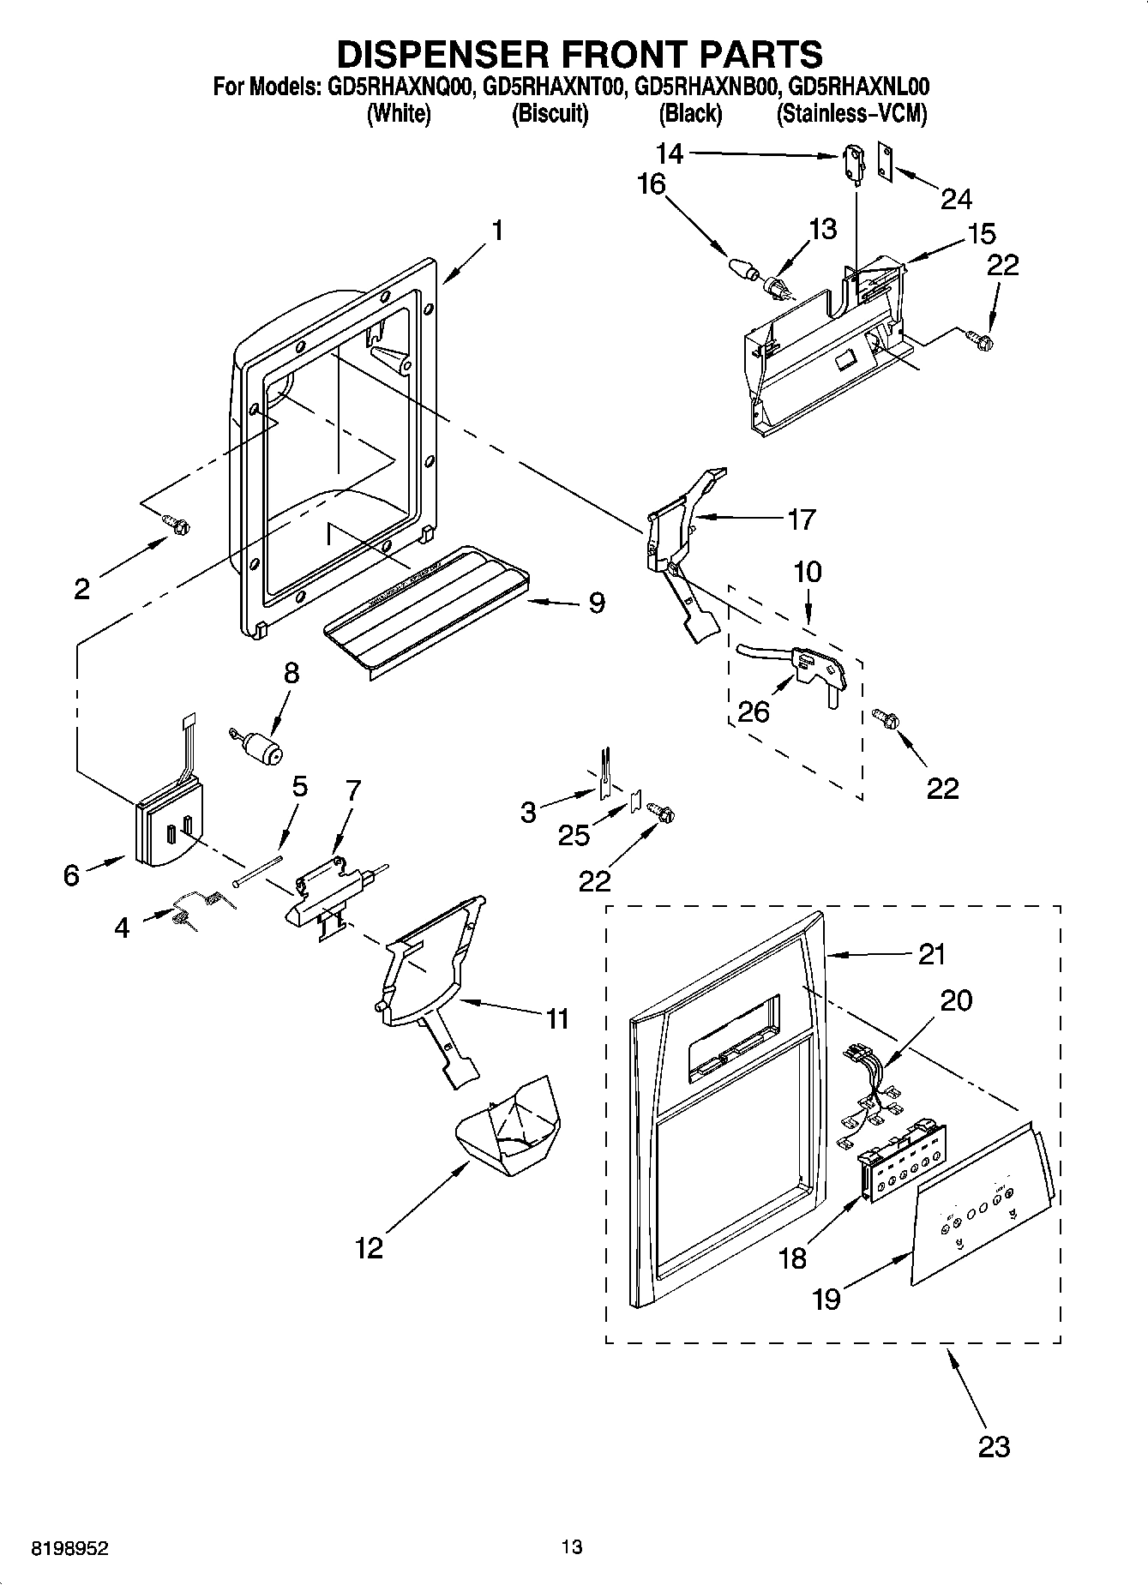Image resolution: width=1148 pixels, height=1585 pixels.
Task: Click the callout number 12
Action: click(x=369, y=1248)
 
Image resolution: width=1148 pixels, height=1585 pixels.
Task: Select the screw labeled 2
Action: click(x=177, y=524)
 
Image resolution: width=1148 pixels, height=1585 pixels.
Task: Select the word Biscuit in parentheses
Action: click(x=550, y=114)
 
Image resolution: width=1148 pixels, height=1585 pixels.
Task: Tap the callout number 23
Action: click(x=994, y=1447)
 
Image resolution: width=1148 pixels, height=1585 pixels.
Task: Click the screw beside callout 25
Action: click(x=661, y=809)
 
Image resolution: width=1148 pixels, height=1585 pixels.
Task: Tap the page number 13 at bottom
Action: click(x=572, y=1546)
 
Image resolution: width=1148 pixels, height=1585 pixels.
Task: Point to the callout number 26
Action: click(x=754, y=711)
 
